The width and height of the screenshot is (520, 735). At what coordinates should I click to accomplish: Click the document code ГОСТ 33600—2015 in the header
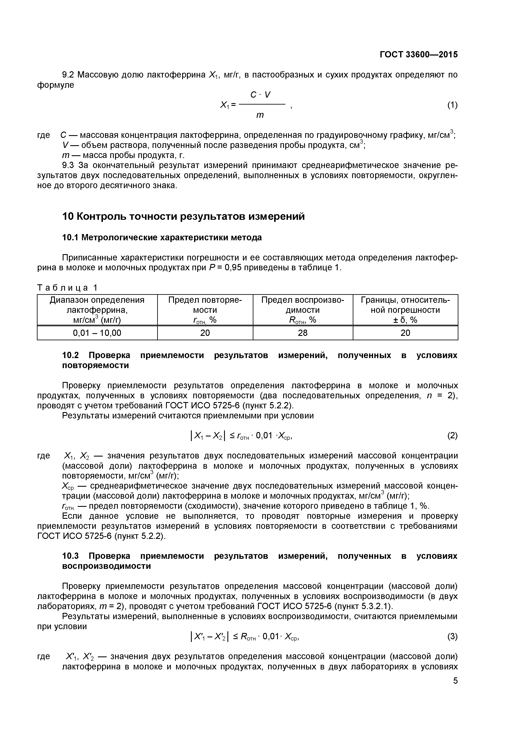click(x=419, y=55)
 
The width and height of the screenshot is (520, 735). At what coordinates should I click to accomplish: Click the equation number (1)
click(x=452, y=105)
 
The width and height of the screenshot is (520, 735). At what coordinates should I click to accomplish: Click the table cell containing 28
click(x=303, y=333)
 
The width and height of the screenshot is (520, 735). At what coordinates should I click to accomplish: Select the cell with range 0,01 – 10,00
click(x=97, y=333)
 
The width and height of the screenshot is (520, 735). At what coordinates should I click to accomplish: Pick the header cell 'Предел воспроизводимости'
click(x=303, y=309)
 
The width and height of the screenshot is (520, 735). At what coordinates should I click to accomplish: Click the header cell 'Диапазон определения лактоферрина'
click(x=97, y=309)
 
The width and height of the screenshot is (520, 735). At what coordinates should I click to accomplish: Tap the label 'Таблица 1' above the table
click(x=67, y=288)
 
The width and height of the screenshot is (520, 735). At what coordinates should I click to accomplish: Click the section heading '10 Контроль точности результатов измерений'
click(x=183, y=217)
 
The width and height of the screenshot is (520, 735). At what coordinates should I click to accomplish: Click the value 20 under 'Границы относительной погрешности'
click(x=405, y=333)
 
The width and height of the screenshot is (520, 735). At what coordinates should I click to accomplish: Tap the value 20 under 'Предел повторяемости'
click(x=205, y=333)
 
